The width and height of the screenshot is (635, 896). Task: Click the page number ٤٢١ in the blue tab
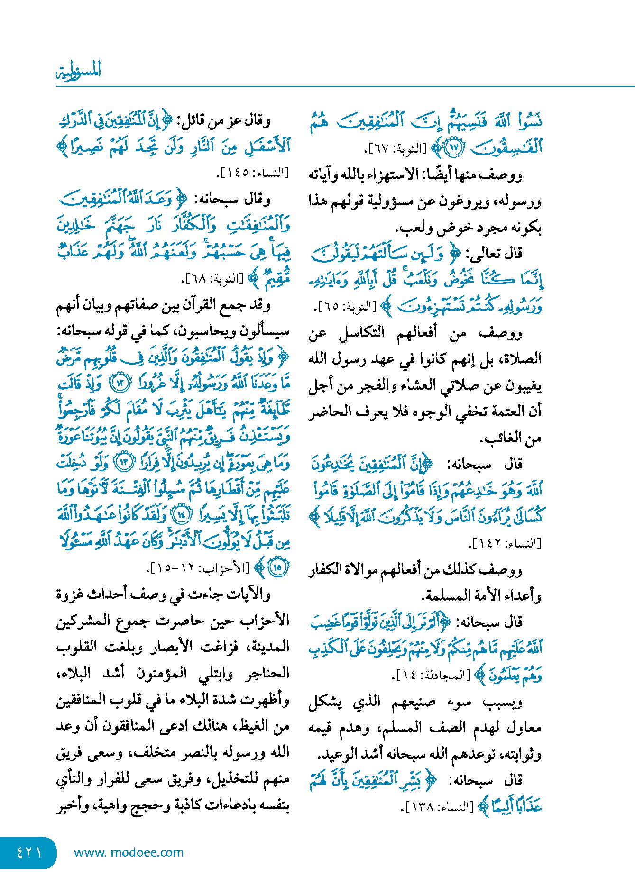point(29,852)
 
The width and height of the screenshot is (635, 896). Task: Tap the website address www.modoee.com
point(129,852)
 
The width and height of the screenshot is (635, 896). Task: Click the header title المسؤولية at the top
point(79,71)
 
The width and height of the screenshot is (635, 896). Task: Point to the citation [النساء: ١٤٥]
point(252,173)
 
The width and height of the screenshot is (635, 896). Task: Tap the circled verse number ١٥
point(278,567)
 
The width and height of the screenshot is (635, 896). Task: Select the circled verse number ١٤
point(182,514)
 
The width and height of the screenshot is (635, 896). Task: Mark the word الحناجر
point(268,672)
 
